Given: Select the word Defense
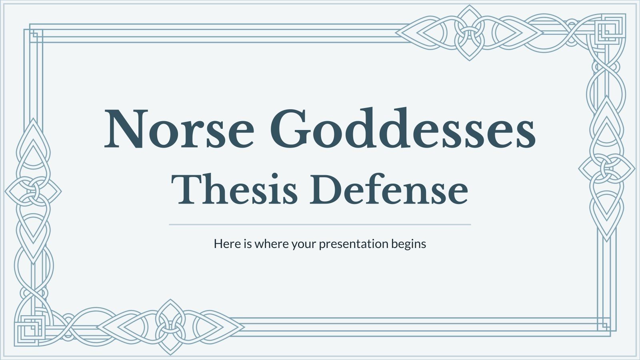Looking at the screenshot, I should (x=388, y=190).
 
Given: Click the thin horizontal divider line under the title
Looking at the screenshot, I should (x=320, y=225).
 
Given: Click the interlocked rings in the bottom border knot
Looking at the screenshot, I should (x=170, y=328).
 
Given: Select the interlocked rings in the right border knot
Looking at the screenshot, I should (x=607, y=168).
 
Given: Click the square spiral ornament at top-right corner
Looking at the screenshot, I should (x=610, y=28).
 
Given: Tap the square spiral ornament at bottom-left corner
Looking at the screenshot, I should (x=30, y=330).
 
